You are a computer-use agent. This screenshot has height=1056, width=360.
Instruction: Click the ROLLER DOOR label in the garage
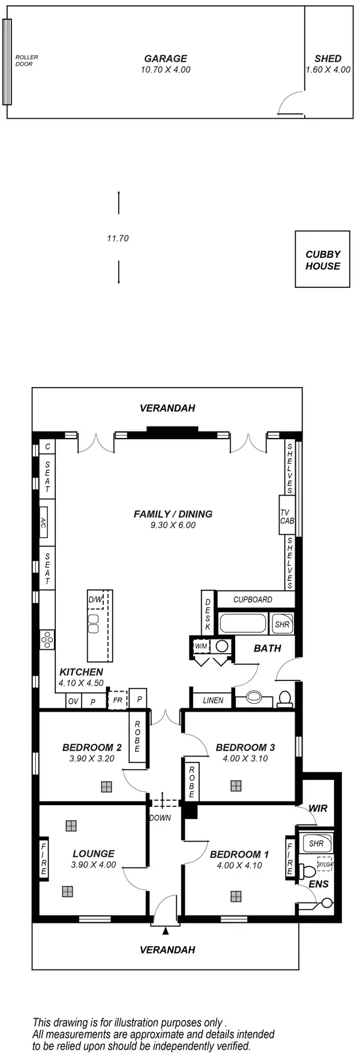26,61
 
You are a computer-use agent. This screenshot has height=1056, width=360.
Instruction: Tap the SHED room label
328,59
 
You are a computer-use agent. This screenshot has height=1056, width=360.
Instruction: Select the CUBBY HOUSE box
323,260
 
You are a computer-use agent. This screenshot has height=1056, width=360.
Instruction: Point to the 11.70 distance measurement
118,238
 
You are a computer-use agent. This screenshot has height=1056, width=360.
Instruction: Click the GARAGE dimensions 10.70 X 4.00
165,70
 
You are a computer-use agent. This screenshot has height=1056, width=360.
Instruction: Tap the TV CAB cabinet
287,517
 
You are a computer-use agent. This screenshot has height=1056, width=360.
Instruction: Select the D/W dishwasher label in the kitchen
95,599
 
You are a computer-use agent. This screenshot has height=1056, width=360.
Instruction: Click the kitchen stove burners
46,641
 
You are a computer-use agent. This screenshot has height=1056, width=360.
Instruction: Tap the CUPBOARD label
253,599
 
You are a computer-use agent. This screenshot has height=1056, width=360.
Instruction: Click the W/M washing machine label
200,646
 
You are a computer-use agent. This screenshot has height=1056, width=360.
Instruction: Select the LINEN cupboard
213,700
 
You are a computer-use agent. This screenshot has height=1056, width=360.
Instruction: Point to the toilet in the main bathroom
284,699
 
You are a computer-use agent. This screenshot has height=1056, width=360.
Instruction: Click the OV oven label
73,701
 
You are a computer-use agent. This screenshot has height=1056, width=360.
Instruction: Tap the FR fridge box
118,700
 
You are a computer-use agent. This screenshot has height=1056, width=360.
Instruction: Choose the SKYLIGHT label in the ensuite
325,865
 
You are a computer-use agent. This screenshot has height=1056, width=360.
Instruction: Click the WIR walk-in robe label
318,808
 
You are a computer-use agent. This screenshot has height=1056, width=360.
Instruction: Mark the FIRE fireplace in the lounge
44,858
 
